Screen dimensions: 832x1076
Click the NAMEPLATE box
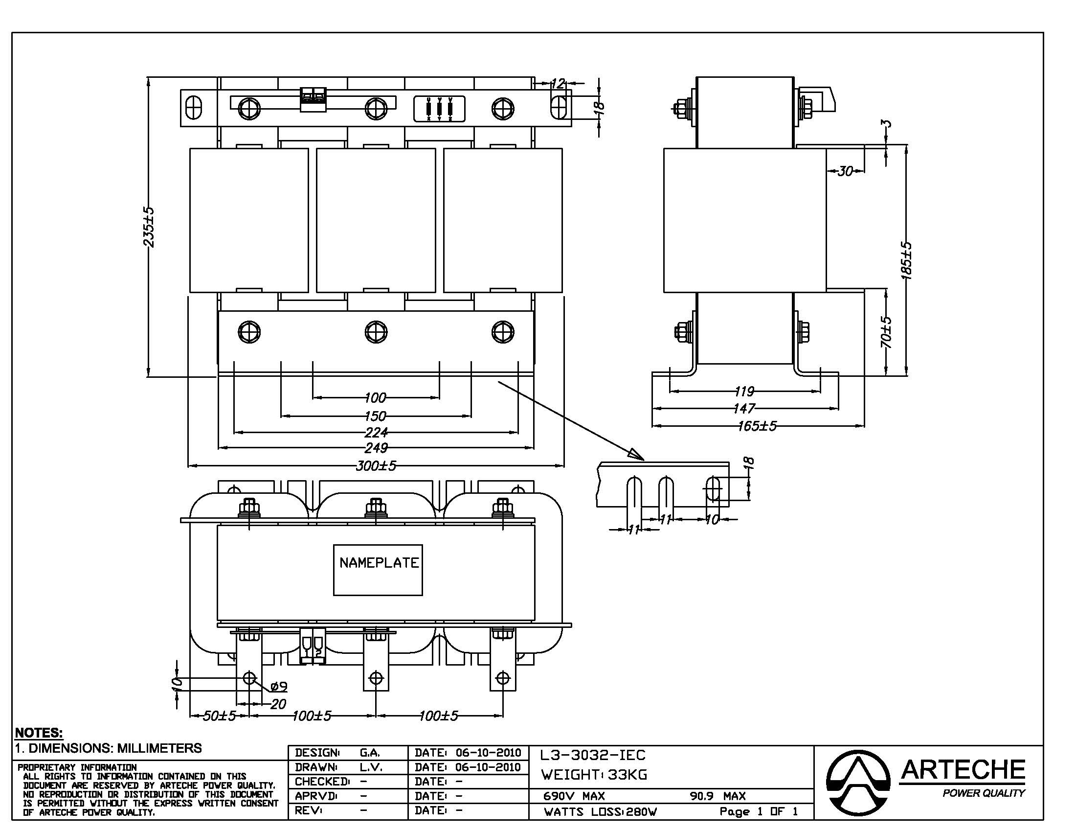(378, 570)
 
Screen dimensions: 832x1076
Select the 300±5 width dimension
(376, 466)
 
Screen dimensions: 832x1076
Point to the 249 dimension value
(376, 448)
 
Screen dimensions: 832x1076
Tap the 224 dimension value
(376, 432)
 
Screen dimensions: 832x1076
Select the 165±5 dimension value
(757, 426)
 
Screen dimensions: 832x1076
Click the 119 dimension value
(744, 392)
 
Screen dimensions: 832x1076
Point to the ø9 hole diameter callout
(279, 686)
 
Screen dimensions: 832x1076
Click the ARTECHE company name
(963, 770)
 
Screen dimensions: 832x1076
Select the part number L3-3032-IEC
(592, 755)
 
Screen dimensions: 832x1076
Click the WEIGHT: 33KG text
(594, 775)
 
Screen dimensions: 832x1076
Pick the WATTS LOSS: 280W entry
(600, 812)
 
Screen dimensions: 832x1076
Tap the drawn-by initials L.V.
(371, 767)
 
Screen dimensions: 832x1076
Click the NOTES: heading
(39, 733)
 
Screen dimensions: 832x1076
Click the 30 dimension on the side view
(846, 171)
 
